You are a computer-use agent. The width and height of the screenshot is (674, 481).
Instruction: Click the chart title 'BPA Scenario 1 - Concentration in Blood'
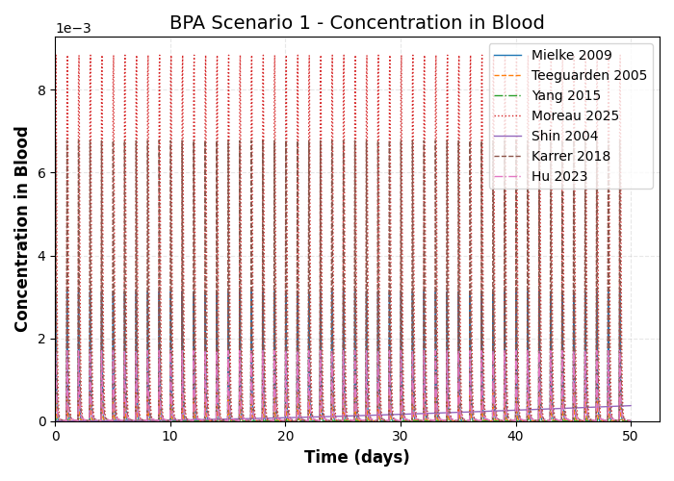357,23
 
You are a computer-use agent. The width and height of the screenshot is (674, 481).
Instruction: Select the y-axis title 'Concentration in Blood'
23,229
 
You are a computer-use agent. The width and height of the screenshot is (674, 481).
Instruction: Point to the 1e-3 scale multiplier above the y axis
73,29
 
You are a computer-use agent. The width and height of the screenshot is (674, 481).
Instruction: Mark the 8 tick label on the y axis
41,90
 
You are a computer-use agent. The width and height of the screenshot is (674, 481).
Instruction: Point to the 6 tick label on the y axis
41,173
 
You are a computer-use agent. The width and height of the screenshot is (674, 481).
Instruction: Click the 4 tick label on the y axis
41,256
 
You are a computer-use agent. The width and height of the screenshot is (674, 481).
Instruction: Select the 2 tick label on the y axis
41,339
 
